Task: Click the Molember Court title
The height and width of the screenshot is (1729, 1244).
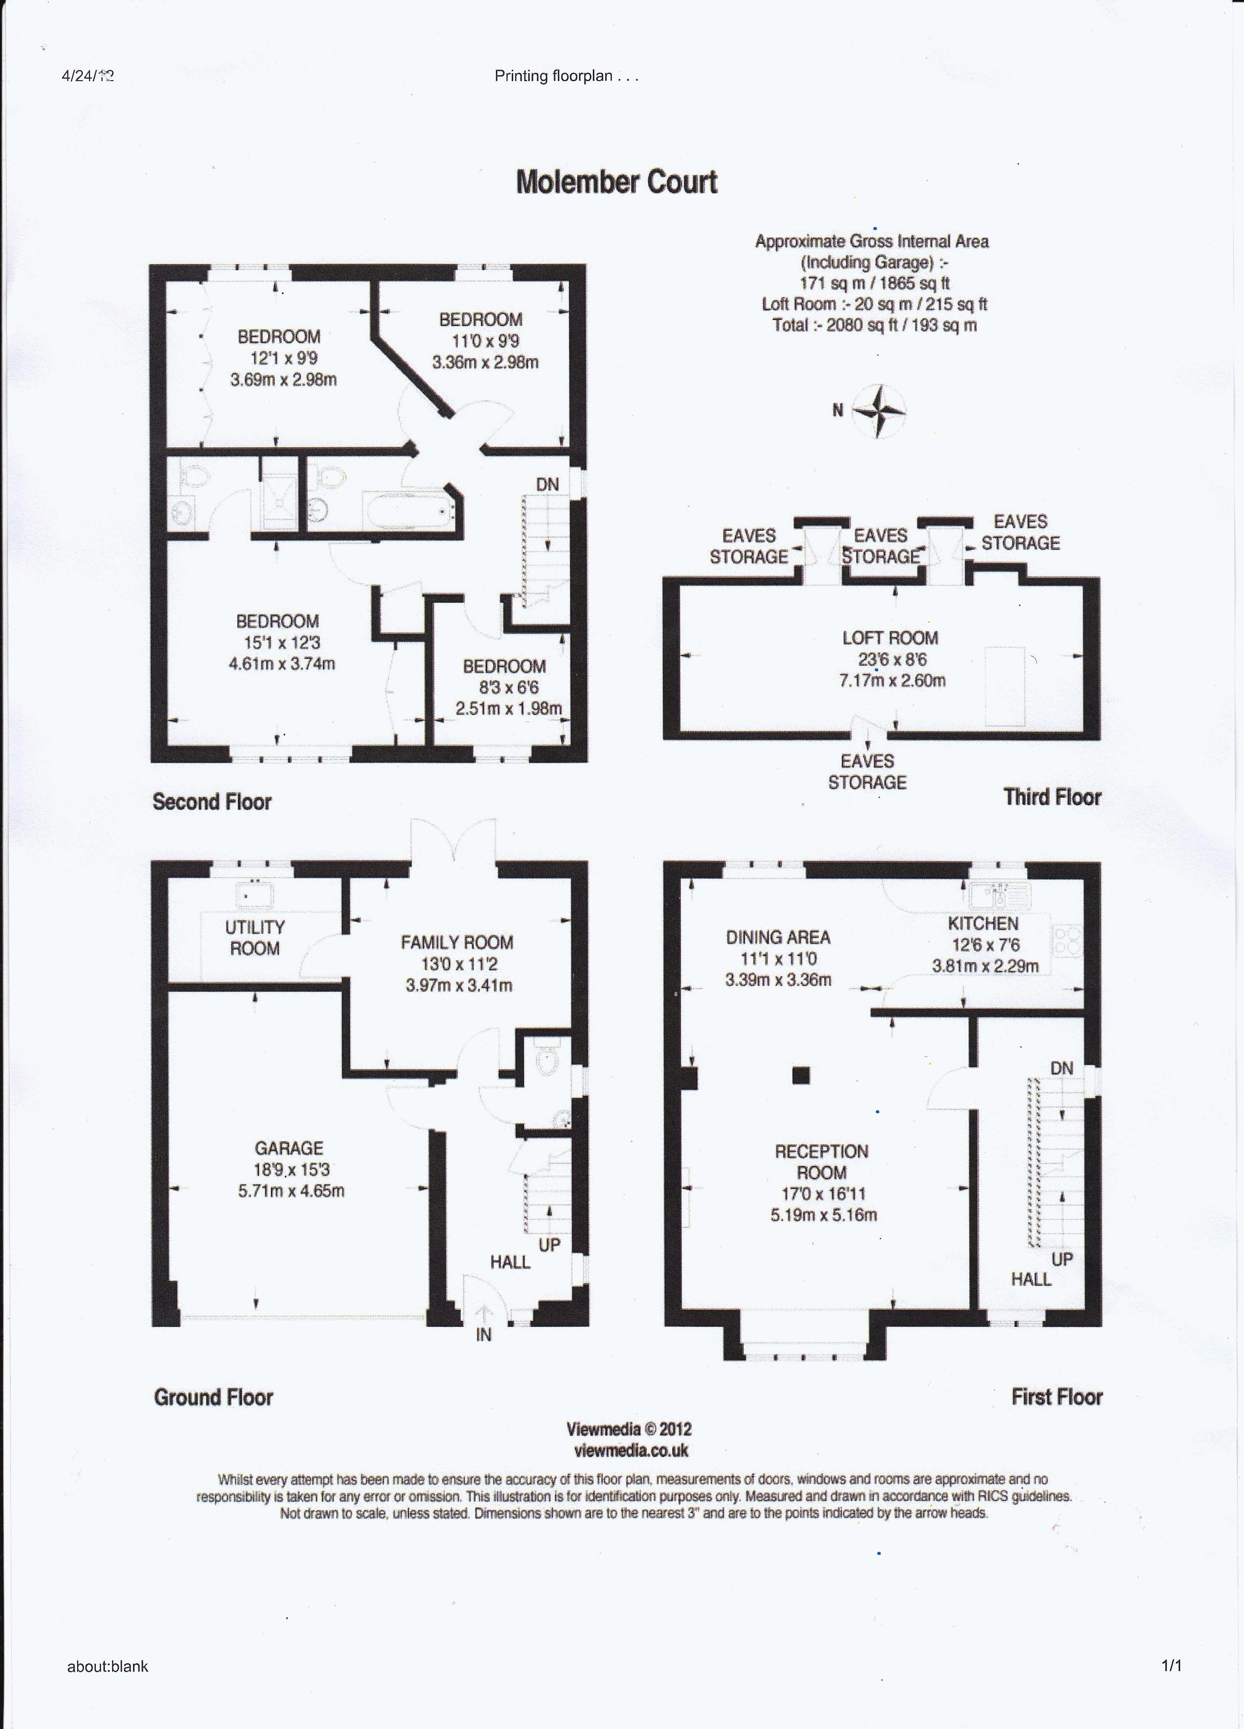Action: pos(617,182)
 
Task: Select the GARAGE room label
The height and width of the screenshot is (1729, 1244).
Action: pos(289,1148)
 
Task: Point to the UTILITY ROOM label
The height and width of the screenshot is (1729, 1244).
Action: pos(255,938)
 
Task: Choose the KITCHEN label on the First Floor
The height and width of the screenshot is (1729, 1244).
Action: pos(983,923)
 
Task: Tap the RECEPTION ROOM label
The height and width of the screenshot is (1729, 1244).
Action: pos(822,1162)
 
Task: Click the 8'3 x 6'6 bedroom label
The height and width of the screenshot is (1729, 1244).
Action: pos(503,687)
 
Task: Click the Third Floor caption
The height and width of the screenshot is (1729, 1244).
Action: pos(1053,797)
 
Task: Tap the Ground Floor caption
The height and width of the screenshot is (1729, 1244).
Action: pos(214,1397)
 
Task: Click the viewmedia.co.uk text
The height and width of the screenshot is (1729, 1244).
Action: pos(630,1451)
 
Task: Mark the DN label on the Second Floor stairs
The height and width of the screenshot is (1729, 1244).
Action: pos(547,484)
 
